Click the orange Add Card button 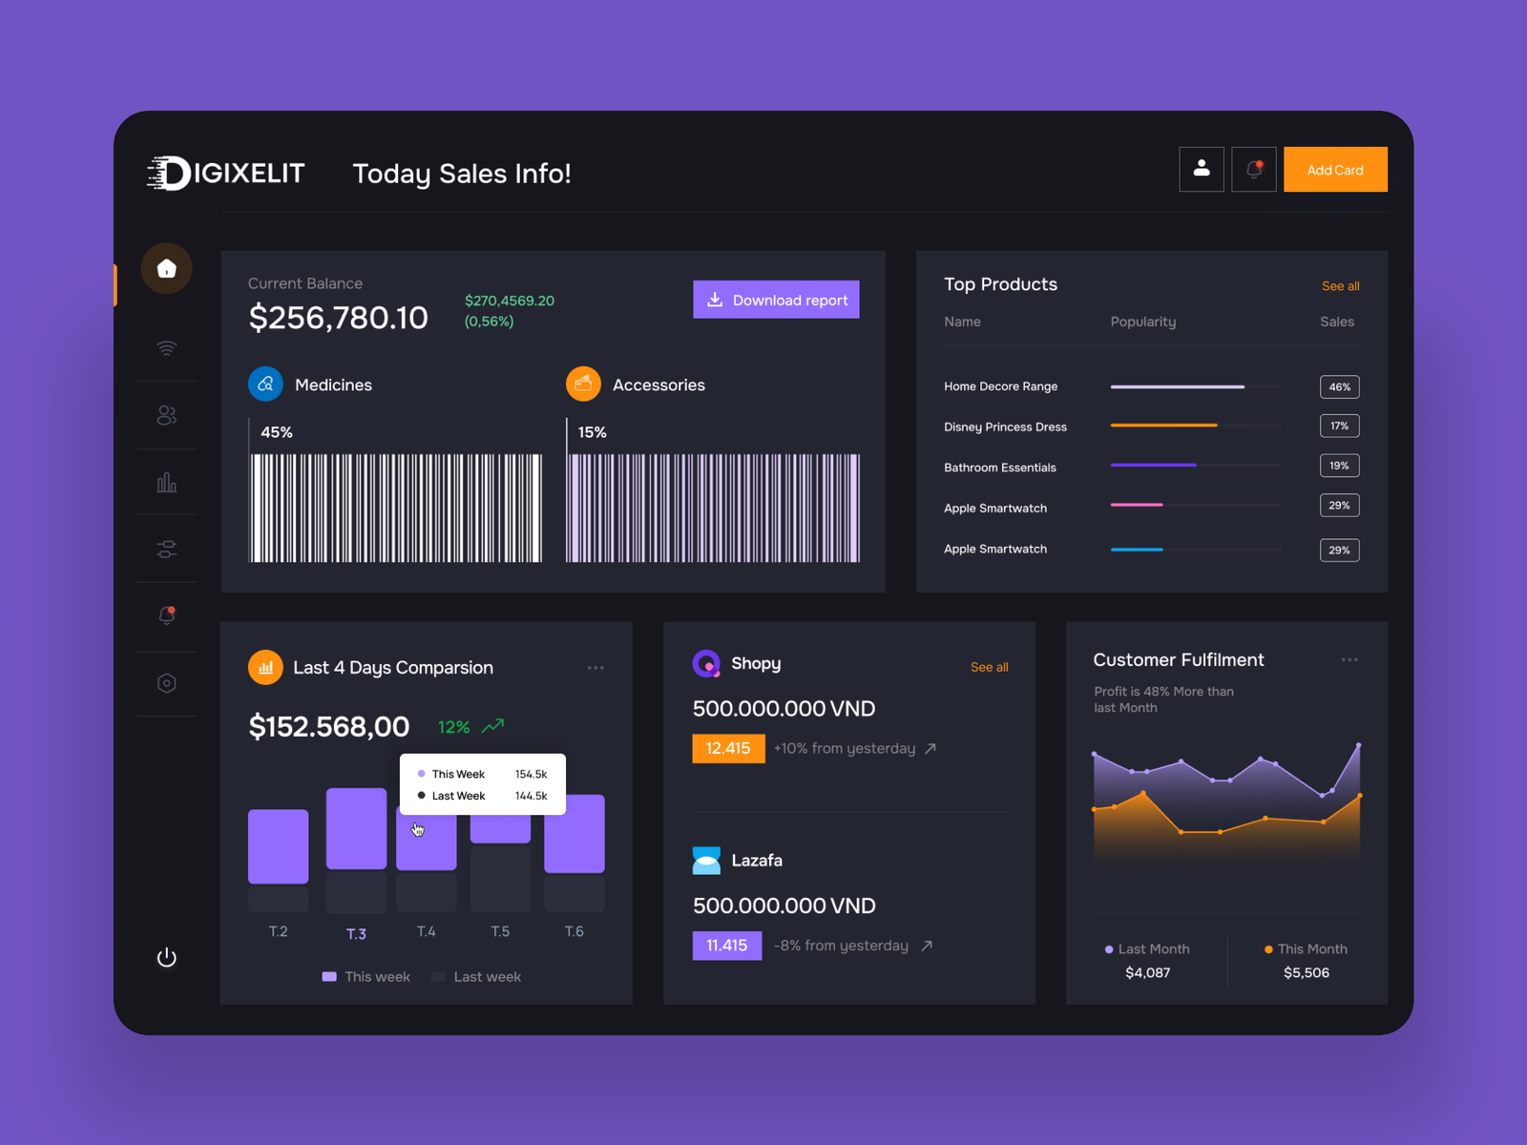click(x=1334, y=170)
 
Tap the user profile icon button click(x=1201, y=169)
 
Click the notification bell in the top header click(x=1253, y=170)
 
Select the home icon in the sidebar click(x=167, y=269)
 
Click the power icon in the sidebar click(x=167, y=957)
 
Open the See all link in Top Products click(x=1340, y=286)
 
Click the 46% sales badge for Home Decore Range click(x=1339, y=386)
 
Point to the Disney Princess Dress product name click(x=1005, y=427)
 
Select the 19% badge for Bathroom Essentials click(x=1339, y=466)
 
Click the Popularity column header click(x=1142, y=322)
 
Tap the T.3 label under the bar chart click(x=356, y=933)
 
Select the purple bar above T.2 click(x=278, y=845)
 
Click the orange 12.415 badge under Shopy click(x=728, y=748)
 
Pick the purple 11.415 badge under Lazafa click(x=726, y=946)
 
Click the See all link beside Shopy click(x=989, y=667)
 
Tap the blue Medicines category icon click(x=265, y=384)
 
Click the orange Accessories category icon click(x=583, y=384)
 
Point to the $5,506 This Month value click(x=1306, y=972)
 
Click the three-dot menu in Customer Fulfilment click(x=1349, y=659)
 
